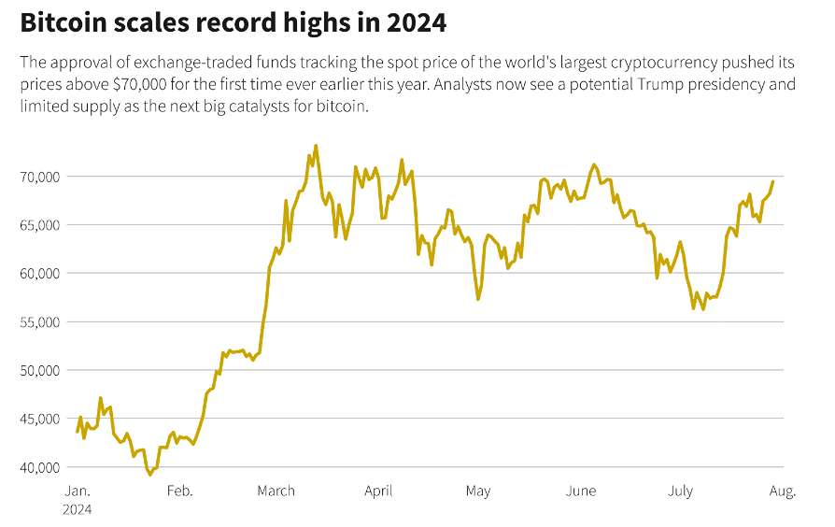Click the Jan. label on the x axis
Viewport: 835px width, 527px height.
77,491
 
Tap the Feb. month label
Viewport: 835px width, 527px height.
179,491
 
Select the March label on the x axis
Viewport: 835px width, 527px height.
276,491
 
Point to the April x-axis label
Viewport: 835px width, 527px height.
378,491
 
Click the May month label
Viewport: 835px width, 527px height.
478,491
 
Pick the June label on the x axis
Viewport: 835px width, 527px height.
581,491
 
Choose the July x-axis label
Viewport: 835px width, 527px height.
680,491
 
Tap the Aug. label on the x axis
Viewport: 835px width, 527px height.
783,491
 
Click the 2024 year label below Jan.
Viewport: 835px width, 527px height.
78,510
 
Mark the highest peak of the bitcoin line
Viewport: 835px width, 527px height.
316,146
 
